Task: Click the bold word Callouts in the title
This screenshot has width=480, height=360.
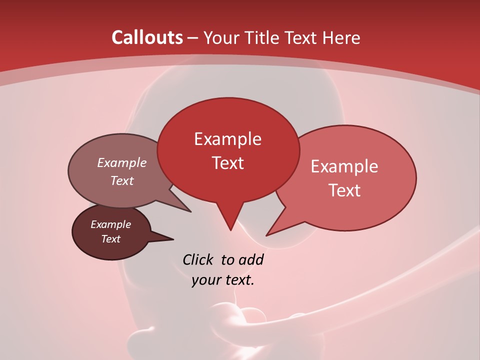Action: [x=147, y=37]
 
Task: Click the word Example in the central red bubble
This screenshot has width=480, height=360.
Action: [x=227, y=139]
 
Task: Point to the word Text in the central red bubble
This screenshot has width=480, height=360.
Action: [x=227, y=163]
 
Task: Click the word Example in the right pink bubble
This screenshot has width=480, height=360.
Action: [x=344, y=166]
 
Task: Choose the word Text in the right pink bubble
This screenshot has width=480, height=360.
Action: [x=344, y=190]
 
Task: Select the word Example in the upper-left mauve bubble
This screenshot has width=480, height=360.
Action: [x=121, y=163]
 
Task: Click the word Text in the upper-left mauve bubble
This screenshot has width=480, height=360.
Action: [x=121, y=180]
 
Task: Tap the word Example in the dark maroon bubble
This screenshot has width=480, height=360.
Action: [x=110, y=224]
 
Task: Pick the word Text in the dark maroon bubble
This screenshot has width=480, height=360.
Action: [x=110, y=239]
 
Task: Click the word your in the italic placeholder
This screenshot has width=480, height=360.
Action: [x=205, y=280]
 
